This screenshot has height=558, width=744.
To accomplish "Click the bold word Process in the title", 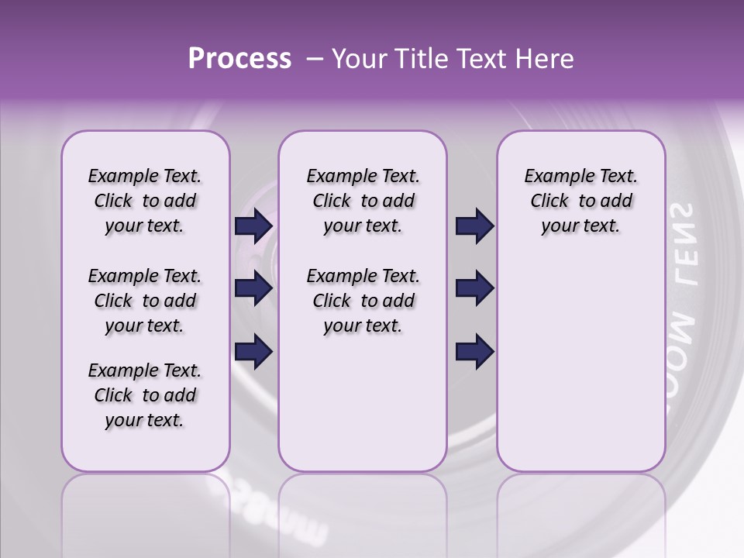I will (x=239, y=59).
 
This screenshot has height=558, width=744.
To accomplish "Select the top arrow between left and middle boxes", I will (x=253, y=226).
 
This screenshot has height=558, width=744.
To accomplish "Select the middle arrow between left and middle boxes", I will (x=253, y=288).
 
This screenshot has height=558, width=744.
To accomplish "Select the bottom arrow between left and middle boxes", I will (x=253, y=351).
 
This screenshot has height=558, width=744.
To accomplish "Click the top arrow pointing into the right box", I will (x=474, y=226).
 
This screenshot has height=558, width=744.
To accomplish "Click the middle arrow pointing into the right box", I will (x=474, y=288).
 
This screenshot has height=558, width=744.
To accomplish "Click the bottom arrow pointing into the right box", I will (x=474, y=351).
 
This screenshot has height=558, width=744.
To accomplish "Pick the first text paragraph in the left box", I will (x=145, y=201).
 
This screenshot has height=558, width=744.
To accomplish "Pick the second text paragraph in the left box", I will (x=145, y=301).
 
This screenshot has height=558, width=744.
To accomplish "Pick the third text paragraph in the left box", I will (x=145, y=395).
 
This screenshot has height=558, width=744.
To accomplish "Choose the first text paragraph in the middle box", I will (x=363, y=201).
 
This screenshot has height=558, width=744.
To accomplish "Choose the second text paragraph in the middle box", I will (x=363, y=301).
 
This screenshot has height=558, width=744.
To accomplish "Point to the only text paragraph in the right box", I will (x=580, y=201).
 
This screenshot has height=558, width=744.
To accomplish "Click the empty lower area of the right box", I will (x=580, y=372).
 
